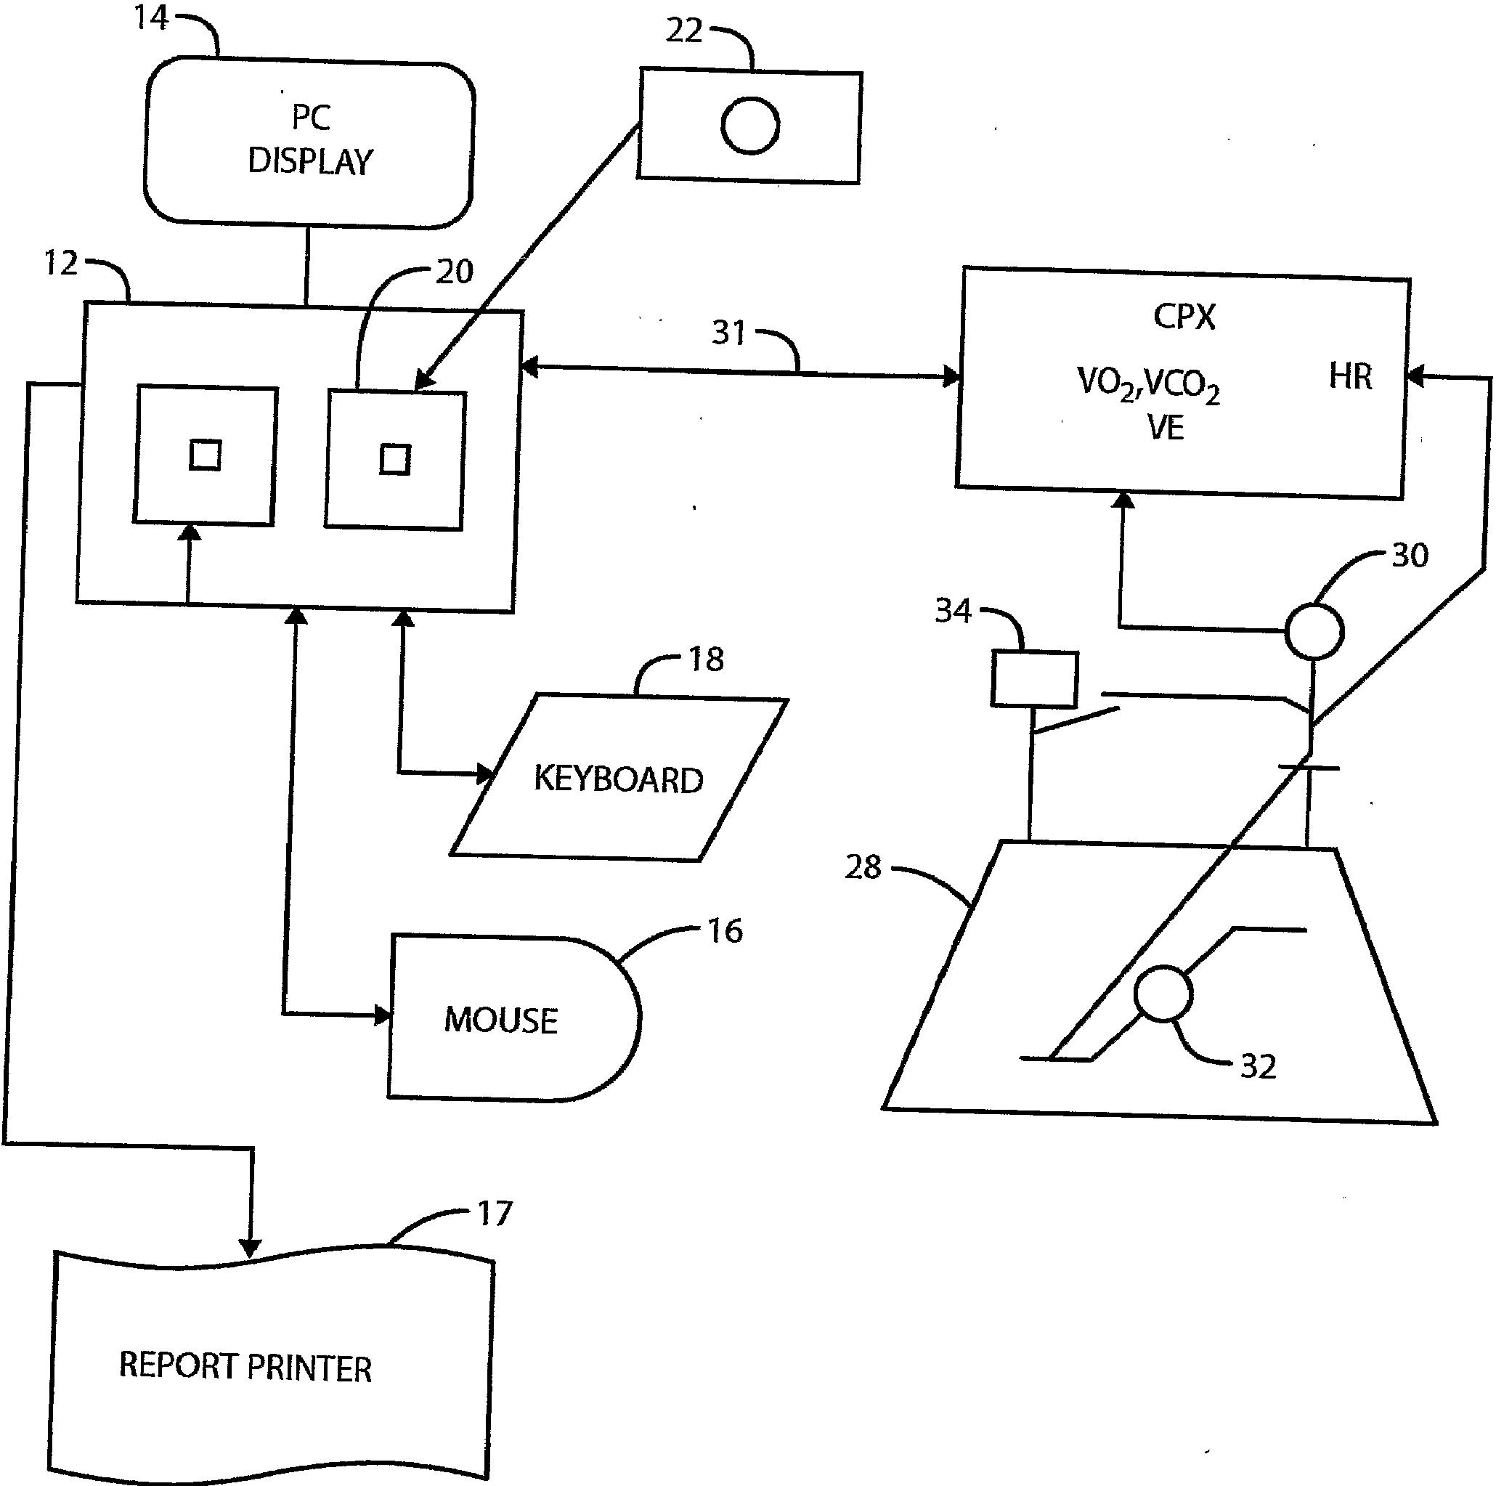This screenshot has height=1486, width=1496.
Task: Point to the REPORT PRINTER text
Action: (245, 1367)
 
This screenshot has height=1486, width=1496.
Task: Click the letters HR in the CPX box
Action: (1351, 376)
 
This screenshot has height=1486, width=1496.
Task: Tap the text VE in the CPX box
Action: (1166, 429)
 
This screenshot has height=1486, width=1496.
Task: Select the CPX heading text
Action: (1184, 317)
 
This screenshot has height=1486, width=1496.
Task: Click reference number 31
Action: (728, 332)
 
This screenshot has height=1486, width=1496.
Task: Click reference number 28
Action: (863, 867)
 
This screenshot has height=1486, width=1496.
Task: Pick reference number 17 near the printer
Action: (494, 1214)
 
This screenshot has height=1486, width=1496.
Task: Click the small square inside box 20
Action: (395, 460)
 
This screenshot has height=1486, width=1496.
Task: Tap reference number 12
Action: (61, 264)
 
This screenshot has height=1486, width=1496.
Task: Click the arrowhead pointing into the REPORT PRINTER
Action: (249, 1248)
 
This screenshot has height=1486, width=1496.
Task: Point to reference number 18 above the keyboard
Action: (706, 659)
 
